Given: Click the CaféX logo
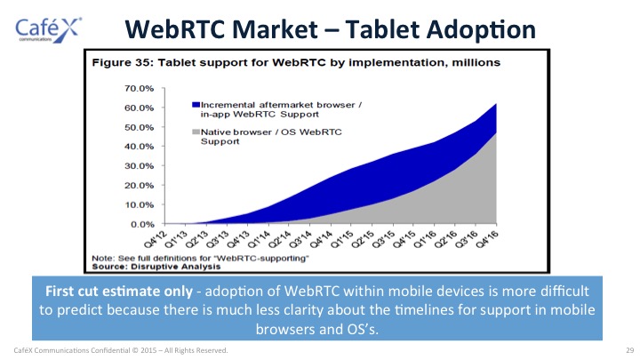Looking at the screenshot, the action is click(48, 30).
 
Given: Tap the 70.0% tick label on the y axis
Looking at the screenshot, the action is click(140, 88).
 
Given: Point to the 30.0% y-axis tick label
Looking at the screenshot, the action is click(140, 165).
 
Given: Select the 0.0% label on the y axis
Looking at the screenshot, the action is click(142, 224).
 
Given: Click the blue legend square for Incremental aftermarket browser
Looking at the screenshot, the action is click(196, 105).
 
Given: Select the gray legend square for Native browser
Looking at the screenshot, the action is click(196, 132).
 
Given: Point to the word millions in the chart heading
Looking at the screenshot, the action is click(476, 62).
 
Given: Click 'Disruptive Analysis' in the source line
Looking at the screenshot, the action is click(175, 267).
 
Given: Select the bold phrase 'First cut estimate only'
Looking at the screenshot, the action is click(119, 291).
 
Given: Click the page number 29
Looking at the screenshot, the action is click(630, 350).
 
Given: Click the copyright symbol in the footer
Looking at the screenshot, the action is click(135, 350).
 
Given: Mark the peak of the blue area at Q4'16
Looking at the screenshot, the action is click(496, 104).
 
